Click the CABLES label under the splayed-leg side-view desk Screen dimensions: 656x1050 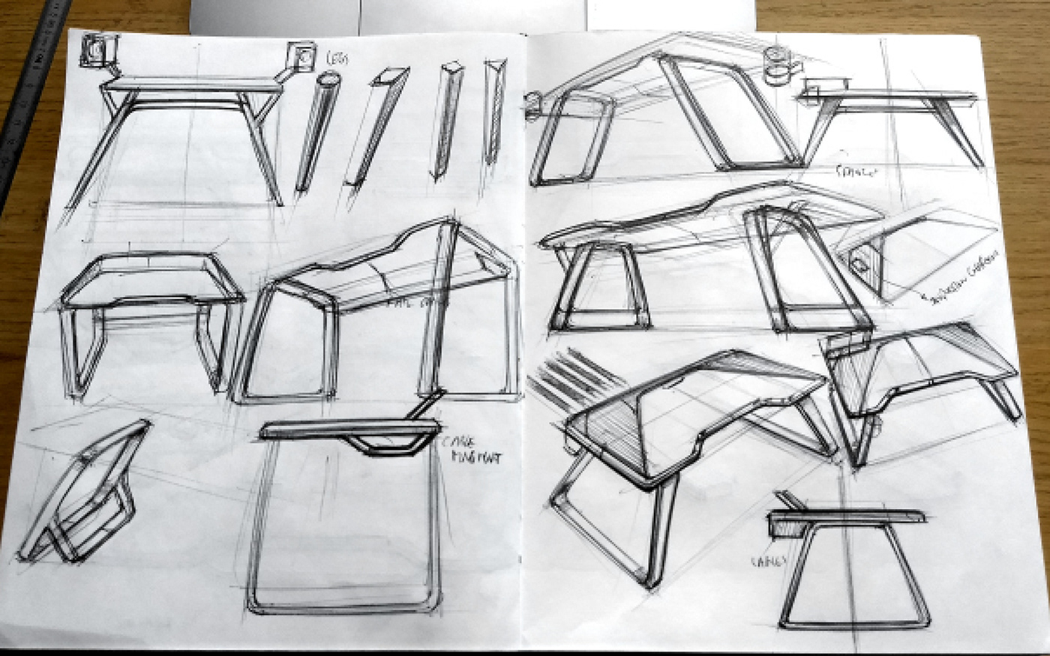coord(855,172)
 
